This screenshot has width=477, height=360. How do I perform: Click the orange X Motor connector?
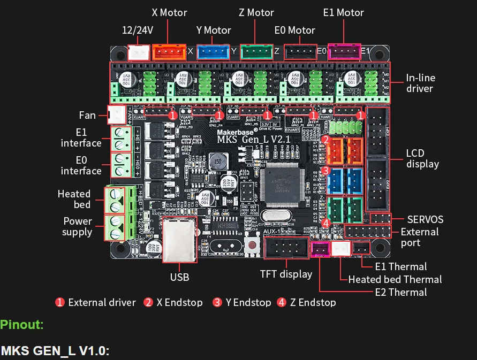[169, 52]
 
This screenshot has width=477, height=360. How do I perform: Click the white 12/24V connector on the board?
[139, 52]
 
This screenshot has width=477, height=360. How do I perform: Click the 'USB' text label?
[179, 277]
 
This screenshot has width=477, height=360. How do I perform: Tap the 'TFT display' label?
[286, 274]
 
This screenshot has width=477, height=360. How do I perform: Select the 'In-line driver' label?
[420, 83]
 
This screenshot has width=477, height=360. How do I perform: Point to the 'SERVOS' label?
[425, 219]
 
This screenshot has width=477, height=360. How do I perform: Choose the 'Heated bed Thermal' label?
[395, 279]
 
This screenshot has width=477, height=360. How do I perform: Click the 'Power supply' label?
[77, 226]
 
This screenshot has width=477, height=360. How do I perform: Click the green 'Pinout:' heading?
[22, 324]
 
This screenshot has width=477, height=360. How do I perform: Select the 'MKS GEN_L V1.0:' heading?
[55, 351]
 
